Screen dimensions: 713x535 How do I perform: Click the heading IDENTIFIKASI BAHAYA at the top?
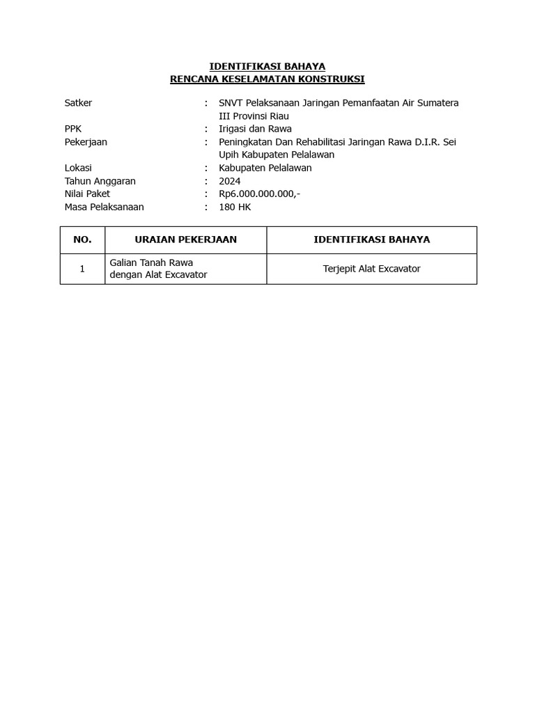click(267, 66)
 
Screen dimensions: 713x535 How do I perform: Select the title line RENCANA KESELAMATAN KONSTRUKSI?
click(267, 79)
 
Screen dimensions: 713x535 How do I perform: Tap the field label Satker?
click(78, 103)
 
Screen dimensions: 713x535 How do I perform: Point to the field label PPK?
click(73, 129)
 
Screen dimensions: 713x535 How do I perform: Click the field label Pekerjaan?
click(86, 142)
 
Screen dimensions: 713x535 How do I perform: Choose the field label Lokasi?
click(78, 168)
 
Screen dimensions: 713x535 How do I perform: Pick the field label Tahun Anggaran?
click(100, 181)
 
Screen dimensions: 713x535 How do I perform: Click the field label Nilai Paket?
click(87, 194)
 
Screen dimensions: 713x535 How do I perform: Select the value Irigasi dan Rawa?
click(255, 129)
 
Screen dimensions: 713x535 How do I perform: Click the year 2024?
click(230, 181)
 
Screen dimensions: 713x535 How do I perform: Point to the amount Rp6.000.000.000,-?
click(260, 194)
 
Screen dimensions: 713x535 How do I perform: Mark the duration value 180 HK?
click(235, 207)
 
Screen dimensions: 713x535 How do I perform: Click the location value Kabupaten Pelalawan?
click(265, 168)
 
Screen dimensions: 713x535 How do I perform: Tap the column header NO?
click(82, 240)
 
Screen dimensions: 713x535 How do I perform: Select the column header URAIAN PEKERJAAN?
click(185, 240)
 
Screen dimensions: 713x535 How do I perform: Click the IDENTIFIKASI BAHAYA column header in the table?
click(371, 240)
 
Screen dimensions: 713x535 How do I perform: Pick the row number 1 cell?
click(82, 269)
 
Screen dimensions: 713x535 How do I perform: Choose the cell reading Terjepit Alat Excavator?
click(371, 269)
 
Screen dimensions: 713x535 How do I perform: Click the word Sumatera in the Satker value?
click(437, 103)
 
